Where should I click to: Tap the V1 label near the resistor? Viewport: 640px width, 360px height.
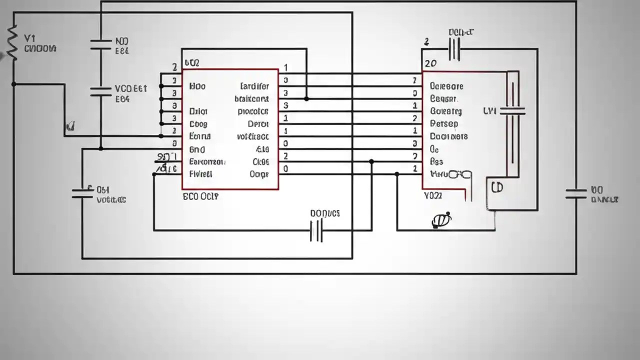[x=30, y=38]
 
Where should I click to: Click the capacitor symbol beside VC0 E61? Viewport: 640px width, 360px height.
[x=100, y=90]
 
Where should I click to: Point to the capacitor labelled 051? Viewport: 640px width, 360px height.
[x=82, y=193]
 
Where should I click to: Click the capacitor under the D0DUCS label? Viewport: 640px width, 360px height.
[x=316, y=230]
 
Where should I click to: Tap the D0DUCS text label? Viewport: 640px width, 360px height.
[x=325, y=213]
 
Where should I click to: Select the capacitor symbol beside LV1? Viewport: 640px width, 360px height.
[x=512, y=111]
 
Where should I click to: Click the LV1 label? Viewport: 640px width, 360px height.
[x=489, y=111]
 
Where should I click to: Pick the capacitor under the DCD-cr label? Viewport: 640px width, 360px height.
[x=454, y=49]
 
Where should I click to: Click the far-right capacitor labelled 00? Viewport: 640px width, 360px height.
[x=576, y=194]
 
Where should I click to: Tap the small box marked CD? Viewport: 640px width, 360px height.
[x=497, y=188]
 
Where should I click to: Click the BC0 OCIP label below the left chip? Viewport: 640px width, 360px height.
[x=200, y=196]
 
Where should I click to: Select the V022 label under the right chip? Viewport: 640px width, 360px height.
[x=432, y=196]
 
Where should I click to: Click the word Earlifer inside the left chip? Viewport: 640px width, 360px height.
[x=254, y=86]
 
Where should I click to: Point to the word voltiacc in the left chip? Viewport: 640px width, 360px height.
[x=252, y=136]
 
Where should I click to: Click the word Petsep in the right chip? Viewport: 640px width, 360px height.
[x=444, y=123]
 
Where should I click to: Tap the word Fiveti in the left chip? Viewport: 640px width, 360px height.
[x=201, y=174]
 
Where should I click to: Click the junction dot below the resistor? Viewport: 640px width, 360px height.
[x=13, y=84]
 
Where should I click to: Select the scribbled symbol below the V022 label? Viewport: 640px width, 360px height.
[x=441, y=220]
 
